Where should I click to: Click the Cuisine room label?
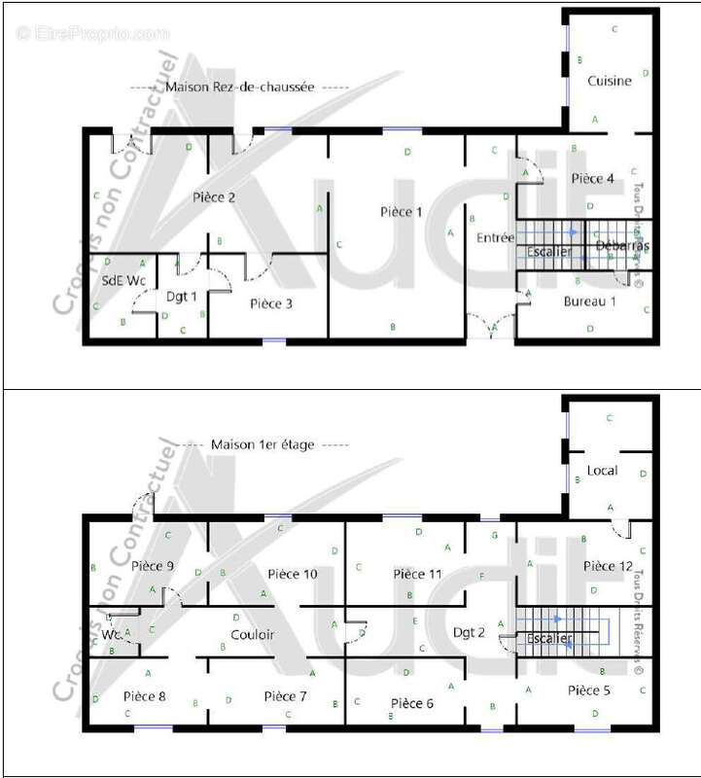click(610, 82)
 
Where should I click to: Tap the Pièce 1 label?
click(401, 212)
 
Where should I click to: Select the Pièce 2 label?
click(214, 197)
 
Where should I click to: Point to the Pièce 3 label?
click(271, 303)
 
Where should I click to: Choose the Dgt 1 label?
click(182, 297)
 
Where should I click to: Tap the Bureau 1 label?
click(590, 301)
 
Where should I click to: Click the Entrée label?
click(495, 238)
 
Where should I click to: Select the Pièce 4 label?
click(592, 179)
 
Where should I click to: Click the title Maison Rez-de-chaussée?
click(239, 87)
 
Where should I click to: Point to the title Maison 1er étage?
click(264, 444)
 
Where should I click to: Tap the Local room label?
click(603, 471)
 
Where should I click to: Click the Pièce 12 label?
click(609, 565)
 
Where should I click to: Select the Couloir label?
click(253, 635)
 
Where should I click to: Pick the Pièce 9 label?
click(153, 565)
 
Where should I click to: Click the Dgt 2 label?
click(469, 633)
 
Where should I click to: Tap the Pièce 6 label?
click(411, 702)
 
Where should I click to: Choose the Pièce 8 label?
click(145, 696)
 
